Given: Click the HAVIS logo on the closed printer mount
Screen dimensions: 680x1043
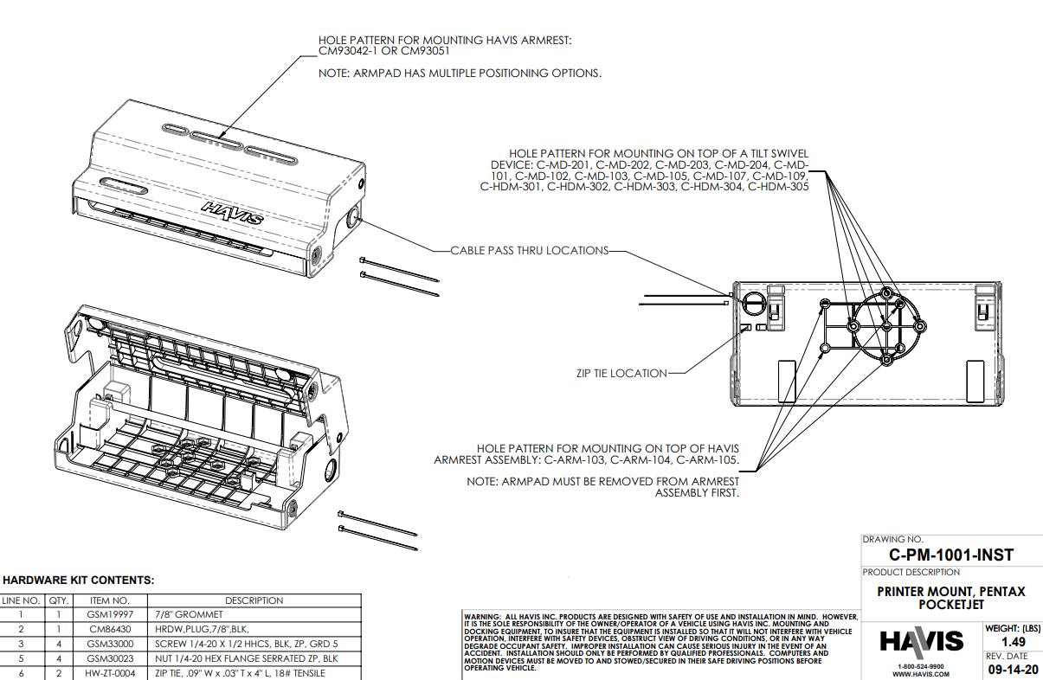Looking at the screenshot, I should tap(233, 213).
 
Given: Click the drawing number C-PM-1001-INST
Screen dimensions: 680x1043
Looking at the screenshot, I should tap(950, 555).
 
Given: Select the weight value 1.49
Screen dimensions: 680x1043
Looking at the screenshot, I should tap(1013, 642).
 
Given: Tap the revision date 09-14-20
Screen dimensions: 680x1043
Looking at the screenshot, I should tap(1013, 669).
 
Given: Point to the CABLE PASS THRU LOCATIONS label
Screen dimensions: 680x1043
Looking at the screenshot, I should tap(529, 251).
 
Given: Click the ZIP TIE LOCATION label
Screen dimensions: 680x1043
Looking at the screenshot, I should tap(621, 374).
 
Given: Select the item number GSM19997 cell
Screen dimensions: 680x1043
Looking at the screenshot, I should tap(110, 614).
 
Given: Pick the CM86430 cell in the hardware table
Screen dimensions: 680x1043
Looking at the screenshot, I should tap(110, 629).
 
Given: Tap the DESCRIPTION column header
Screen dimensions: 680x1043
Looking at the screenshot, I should tap(254, 600).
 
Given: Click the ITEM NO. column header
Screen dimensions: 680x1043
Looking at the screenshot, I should tap(110, 600).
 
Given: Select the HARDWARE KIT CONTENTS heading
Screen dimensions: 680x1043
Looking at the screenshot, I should tap(79, 580).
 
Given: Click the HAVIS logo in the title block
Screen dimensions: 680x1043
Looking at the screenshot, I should tap(921, 641).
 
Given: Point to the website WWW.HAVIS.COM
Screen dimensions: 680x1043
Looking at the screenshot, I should tap(921, 674).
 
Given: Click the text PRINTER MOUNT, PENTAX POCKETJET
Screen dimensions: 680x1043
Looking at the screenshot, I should tap(950, 598).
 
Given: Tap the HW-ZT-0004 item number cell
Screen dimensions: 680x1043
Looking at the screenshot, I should tap(110, 673).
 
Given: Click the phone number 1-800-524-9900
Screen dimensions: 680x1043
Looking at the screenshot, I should tap(921, 666).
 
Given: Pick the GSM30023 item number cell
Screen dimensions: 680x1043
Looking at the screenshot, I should tap(110, 658).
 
